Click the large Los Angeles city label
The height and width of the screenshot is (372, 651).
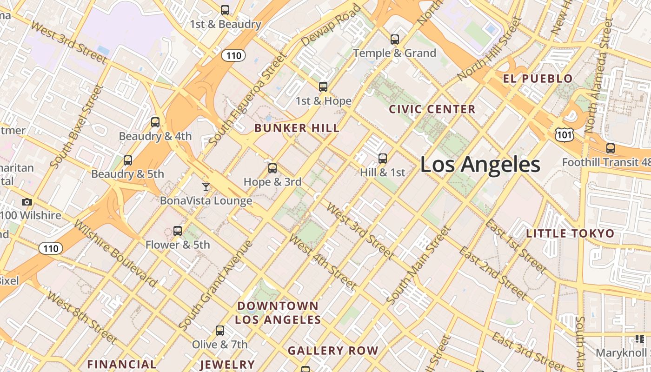click(x=480, y=165)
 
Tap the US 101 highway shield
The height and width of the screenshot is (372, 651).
click(x=564, y=135)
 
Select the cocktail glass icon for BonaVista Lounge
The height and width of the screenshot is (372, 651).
click(x=206, y=187)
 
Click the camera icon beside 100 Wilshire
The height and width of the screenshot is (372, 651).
click(x=27, y=202)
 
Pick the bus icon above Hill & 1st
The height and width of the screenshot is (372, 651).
click(x=382, y=159)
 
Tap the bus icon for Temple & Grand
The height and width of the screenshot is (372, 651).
click(x=395, y=40)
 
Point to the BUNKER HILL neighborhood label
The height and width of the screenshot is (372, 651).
click(x=297, y=128)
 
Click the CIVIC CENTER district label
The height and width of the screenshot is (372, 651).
click(x=432, y=109)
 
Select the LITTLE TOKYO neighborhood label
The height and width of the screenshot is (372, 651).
click(x=570, y=233)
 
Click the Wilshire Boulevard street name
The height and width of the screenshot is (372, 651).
click(x=115, y=253)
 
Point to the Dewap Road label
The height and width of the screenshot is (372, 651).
click(x=331, y=26)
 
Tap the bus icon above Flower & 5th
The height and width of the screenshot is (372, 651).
click(x=177, y=231)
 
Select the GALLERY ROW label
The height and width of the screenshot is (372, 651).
click(x=333, y=351)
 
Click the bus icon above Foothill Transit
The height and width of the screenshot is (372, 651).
click(x=610, y=148)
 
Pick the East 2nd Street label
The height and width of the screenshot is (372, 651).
click(x=493, y=273)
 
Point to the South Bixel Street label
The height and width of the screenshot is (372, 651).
click(x=75, y=126)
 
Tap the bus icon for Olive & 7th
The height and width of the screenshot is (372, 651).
click(x=219, y=331)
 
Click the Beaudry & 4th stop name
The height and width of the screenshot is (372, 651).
click(x=155, y=136)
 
